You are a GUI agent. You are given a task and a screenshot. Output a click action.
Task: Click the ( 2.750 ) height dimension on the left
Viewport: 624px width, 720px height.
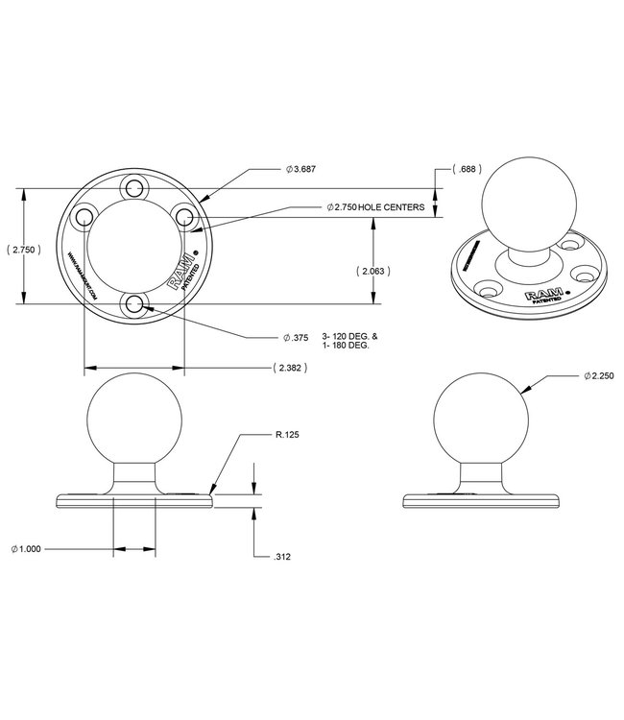[x=22, y=249]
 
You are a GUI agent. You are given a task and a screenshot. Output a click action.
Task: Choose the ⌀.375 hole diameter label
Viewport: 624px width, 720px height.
[x=297, y=337]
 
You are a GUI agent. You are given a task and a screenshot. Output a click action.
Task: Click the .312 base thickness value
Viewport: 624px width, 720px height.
[x=282, y=557]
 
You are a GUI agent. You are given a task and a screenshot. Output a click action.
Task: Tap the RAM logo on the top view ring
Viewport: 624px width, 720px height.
[x=182, y=273]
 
